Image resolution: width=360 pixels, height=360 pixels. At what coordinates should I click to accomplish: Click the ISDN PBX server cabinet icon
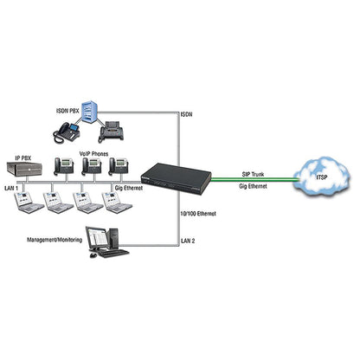click(x=89, y=111)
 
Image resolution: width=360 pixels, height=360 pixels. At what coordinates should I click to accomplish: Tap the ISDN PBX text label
click(x=67, y=111)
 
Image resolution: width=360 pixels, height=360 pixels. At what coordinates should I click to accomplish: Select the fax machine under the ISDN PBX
click(x=111, y=132)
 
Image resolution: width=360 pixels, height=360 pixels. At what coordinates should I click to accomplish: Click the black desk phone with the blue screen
click(x=67, y=132)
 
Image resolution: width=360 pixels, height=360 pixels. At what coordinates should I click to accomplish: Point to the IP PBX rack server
click(x=24, y=169)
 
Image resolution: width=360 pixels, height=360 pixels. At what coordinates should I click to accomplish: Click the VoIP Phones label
click(x=93, y=154)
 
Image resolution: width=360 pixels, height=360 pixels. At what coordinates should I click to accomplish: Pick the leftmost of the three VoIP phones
click(x=63, y=166)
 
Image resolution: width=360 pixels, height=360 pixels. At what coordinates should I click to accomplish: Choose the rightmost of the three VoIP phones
click(x=119, y=166)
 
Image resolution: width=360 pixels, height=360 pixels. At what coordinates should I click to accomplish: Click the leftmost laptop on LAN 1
click(x=29, y=202)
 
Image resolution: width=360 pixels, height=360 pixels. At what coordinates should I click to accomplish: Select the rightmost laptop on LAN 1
click(x=117, y=202)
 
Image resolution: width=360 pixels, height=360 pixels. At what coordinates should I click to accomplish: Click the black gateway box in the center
click(x=177, y=177)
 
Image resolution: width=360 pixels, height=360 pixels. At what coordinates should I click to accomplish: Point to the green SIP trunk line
click(x=254, y=179)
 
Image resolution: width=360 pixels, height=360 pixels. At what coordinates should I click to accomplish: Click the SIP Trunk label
click(x=253, y=174)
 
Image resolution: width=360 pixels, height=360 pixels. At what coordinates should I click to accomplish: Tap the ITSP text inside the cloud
click(x=322, y=177)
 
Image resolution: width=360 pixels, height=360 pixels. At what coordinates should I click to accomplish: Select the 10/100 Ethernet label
click(x=198, y=214)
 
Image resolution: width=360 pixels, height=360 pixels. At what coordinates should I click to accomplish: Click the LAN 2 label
click(x=188, y=241)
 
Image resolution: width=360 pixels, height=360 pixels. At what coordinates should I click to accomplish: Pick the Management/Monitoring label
click(x=55, y=240)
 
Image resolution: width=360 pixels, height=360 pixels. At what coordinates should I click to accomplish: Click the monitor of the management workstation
click(x=97, y=238)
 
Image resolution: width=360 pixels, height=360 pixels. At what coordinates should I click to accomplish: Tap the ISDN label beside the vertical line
click(x=186, y=114)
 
